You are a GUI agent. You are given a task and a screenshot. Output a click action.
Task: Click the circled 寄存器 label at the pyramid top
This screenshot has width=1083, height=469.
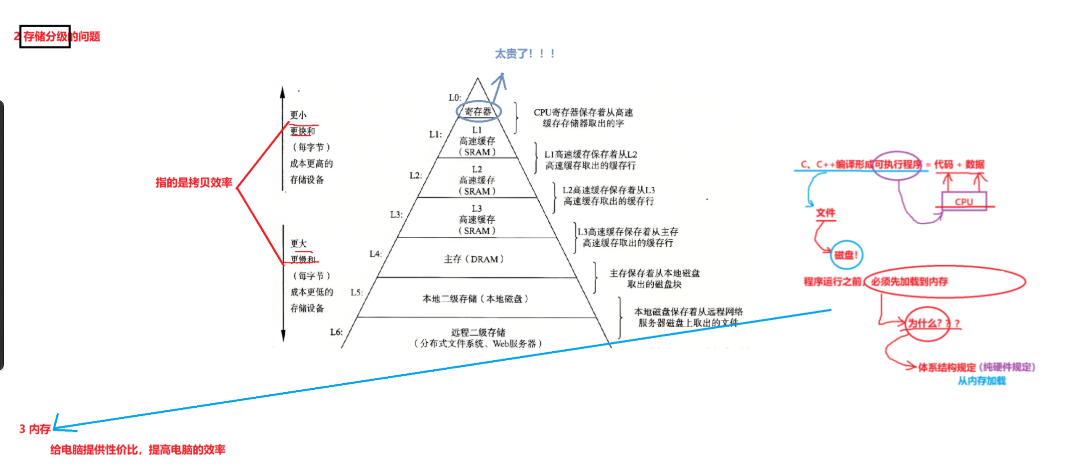pyautogui.click(x=477, y=111)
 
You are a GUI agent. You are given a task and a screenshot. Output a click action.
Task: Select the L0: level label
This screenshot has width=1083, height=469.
pyautogui.click(x=455, y=97)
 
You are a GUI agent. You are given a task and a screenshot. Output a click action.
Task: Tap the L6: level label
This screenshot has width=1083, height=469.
pyautogui.click(x=336, y=332)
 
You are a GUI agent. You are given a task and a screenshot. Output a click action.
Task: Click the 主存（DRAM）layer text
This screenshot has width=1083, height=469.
pyautogui.click(x=473, y=259)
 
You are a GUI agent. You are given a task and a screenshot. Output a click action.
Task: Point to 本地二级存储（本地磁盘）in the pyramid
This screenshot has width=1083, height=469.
pyautogui.click(x=475, y=299)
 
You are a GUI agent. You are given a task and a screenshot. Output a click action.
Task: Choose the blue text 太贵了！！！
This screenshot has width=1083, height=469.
pyautogui.click(x=525, y=54)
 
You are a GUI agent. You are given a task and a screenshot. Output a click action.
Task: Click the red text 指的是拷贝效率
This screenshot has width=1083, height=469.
pyautogui.click(x=194, y=183)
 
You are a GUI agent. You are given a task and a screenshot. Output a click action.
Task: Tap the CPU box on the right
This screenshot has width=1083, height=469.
pyautogui.click(x=964, y=202)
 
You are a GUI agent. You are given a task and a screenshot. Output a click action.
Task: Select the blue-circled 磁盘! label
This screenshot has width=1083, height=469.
pyautogui.click(x=846, y=255)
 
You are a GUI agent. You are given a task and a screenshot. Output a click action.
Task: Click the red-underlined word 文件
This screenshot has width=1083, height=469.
pyautogui.click(x=825, y=213)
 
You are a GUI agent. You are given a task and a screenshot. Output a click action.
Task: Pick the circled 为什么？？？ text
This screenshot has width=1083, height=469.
pyautogui.click(x=929, y=324)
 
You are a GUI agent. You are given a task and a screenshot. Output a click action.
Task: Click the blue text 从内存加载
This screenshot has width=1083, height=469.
pyautogui.click(x=982, y=381)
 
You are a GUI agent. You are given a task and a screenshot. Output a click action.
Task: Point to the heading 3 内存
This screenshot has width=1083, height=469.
pyautogui.click(x=35, y=429)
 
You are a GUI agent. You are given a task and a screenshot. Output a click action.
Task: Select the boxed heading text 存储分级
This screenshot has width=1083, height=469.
pyautogui.click(x=45, y=37)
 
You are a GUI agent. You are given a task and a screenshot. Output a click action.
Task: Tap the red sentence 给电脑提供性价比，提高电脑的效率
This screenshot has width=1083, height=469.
pyautogui.click(x=138, y=450)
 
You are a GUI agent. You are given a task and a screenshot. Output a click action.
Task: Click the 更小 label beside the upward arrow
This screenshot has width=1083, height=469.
pyautogui.click(x=298, y=115)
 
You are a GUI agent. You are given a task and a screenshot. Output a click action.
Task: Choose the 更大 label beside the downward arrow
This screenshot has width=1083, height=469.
pyautogui.click(x=298, y=243)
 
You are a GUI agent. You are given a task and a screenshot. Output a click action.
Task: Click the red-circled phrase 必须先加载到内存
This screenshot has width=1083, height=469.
pyautogui.click(x=909, y=282)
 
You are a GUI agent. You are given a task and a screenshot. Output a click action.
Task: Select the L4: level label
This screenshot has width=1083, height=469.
pyautogui.click(x=376, y=254)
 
